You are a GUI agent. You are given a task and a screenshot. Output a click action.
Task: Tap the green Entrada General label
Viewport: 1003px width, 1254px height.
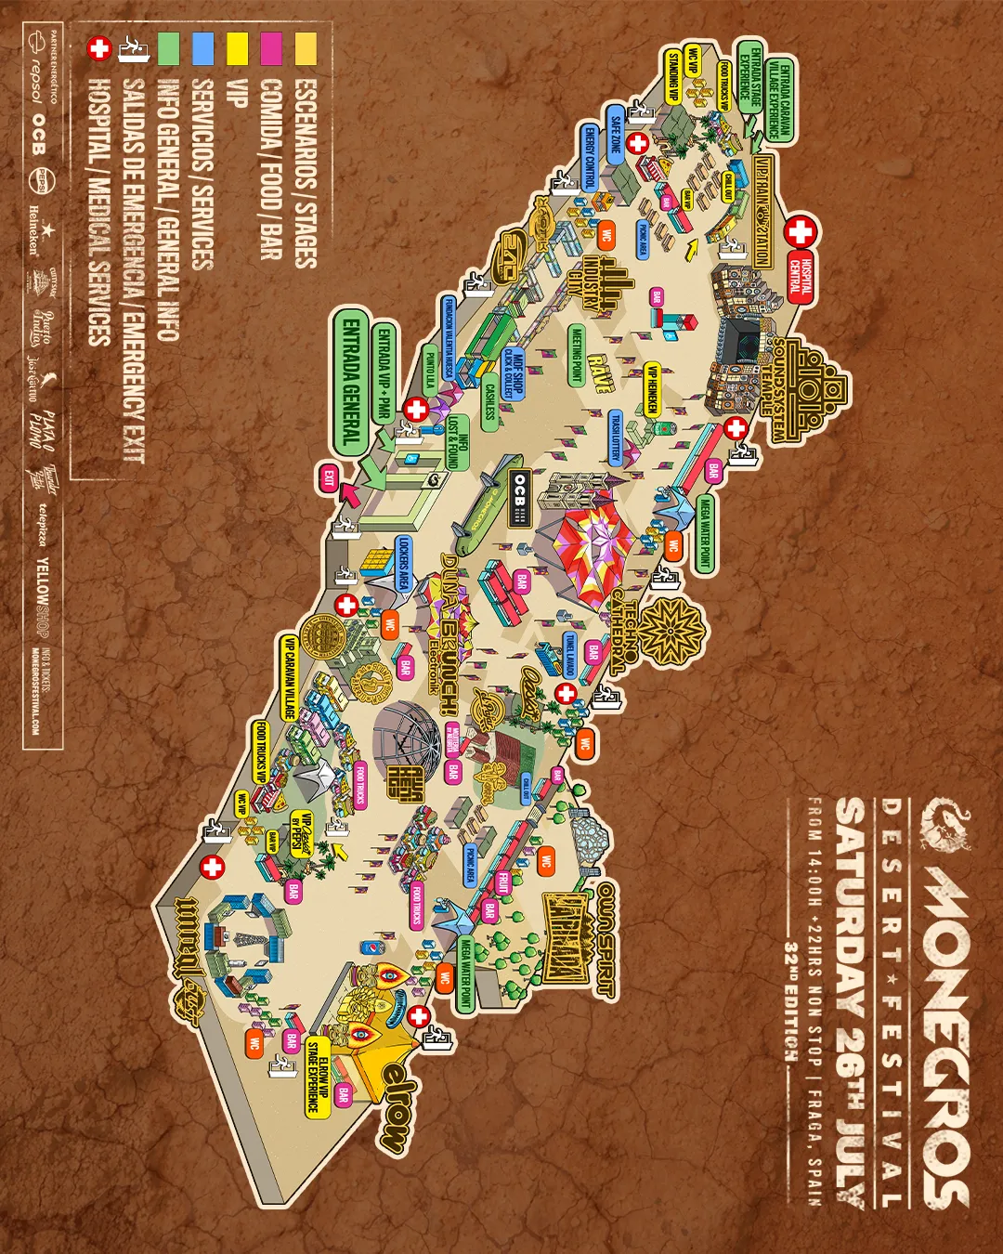[x=351, y=382]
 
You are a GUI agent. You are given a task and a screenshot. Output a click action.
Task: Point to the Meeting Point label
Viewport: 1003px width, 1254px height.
[x=577, y=357]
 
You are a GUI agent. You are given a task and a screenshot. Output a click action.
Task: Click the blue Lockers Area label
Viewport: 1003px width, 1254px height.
[x=403, y=563]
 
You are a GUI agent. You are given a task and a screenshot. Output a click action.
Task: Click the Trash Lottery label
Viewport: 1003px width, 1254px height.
[x=615, y=439]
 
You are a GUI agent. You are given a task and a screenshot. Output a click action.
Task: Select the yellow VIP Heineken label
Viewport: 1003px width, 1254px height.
[x=652, y=389]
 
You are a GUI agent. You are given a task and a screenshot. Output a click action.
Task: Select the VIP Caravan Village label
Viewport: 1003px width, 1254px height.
[x=289, y=677]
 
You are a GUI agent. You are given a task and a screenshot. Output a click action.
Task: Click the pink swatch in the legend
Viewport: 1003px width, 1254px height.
[x=271, y=48]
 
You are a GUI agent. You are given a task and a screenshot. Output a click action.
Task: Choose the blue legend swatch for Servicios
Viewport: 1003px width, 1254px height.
[x=202, y=48]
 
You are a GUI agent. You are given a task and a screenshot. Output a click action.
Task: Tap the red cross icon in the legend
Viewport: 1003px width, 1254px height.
[x=98, y=48]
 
